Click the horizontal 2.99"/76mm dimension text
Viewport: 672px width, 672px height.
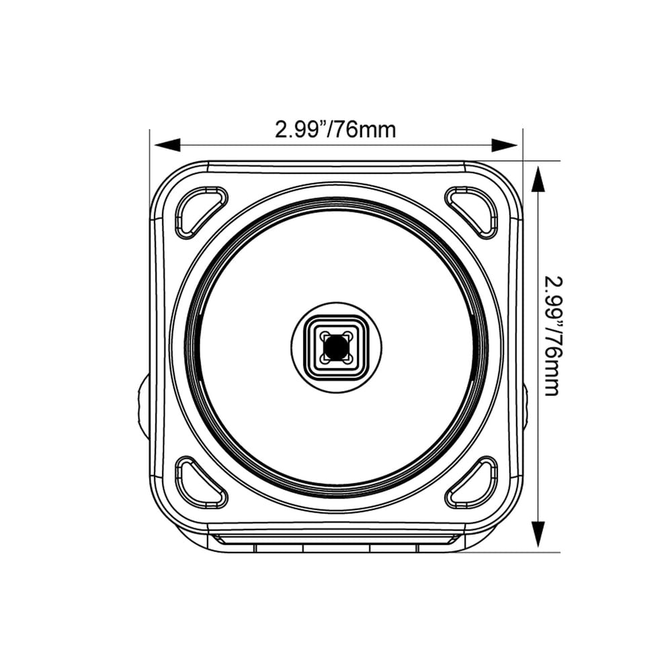[335, 129]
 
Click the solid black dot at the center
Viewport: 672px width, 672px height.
[336, 347]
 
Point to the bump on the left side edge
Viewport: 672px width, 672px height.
[144, 407]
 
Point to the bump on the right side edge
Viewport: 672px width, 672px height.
[526, 407]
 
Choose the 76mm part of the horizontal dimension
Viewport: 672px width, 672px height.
[367, 129]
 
